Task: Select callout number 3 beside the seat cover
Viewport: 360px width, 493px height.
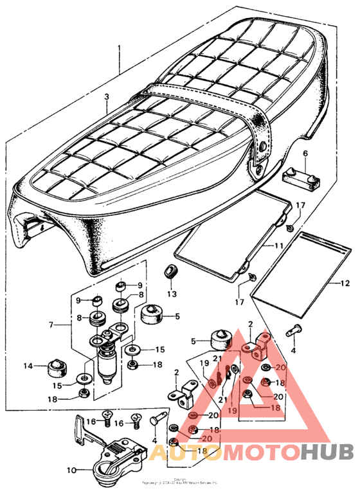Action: point(107,97)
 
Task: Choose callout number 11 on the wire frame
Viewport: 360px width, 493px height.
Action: point(278,246)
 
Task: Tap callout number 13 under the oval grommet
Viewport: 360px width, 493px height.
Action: point(171,294)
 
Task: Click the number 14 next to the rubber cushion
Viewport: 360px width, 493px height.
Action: point(28,367)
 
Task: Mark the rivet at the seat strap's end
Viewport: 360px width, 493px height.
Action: point(262,149)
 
